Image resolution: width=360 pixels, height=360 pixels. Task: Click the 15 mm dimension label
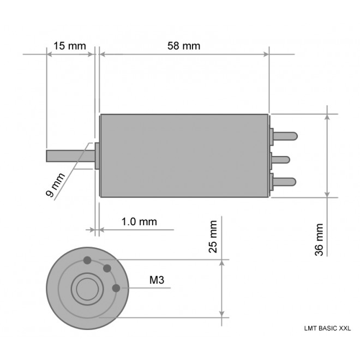point(69,45)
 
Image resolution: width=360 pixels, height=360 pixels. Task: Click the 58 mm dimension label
point(183,45)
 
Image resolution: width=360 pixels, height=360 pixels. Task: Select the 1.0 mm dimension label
point(139,221)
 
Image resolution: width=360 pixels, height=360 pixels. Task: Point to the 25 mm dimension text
point(213,237)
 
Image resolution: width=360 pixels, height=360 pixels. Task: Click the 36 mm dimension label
point(320,239)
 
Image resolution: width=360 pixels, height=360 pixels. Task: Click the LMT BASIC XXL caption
point(327,328)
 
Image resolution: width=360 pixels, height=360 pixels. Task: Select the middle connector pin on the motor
point(281,159)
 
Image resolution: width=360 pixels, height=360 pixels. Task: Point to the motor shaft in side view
point(70,155)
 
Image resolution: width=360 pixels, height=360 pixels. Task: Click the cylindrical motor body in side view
point(184,155)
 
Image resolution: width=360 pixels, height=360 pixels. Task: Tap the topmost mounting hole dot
point(87,260)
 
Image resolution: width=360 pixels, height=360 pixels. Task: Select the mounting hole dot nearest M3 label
point(116,288)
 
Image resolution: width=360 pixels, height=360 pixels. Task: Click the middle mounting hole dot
point(107,268)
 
